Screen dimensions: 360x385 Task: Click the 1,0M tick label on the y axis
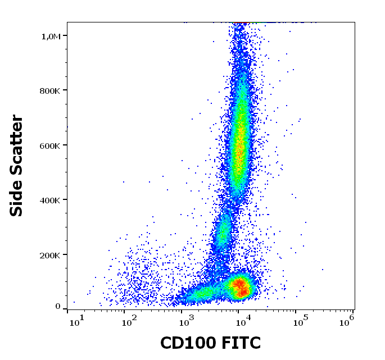pyautogui.click(x=51, y=36)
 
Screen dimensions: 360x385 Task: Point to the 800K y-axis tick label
pyautogui.click(x=49, y=90)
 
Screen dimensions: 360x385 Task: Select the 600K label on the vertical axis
pyautogui.click(x=49, y=145)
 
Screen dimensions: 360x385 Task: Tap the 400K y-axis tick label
pyautogui.click(x=49, y=200)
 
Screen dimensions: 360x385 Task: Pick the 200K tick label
pyautogui.click(x=49, y=255)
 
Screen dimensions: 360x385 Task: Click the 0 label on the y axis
pyautogui.click(x=57, y=307)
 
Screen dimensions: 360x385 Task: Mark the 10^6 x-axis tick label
pyautogui.click(x=347, y=320)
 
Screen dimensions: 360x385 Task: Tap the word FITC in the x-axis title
pyautogui.click(x=242, y=343)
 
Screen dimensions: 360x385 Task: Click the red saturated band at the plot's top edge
pyautogui.click(x=241, y=23)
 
